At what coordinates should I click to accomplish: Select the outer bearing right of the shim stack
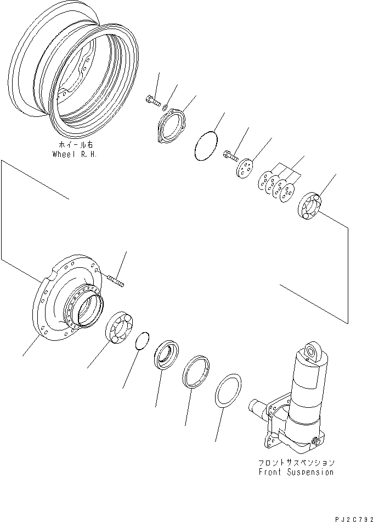312,206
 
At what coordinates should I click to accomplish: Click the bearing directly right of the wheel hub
118,328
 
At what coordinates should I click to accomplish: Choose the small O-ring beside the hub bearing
143,340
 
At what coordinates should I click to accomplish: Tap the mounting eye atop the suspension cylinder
313,352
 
